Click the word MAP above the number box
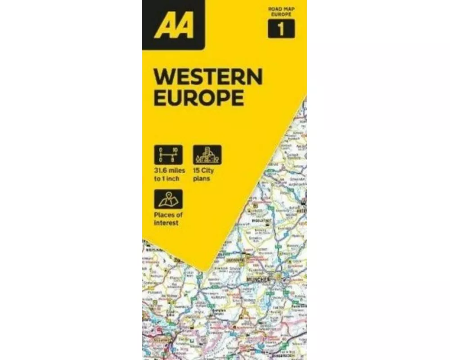tap(288, 9)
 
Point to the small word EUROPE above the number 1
tap(281, 14)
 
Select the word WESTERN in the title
tap(208, 77)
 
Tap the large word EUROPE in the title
tap(199, 98)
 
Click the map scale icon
tap(168, 154)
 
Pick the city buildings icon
tap(207, 154)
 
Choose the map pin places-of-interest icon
tap(168, 199)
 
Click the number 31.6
tap(160, 171)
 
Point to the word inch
tap(173, 179)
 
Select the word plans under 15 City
tap(202, 179)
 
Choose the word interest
tap(166, 223)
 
